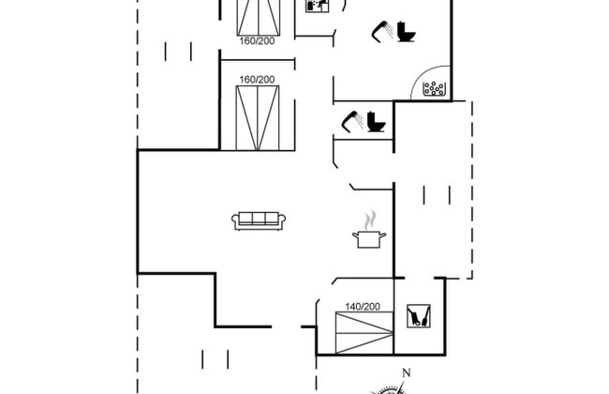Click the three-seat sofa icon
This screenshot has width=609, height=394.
pyautogui.click(x=259, y=220)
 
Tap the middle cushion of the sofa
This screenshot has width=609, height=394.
pyautogui.click(x=259, y=220)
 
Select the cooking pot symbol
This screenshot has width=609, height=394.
pyautogui.click(x=366, y=239)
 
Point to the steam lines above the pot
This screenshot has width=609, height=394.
pyautogui.click(x=370, y=219)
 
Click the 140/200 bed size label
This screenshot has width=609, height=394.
pyautogui.click(x=362, y=307)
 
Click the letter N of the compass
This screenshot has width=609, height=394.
pyautogui.click(x=405, y=374)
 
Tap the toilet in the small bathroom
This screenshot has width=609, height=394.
pyautogui.click(x=376, y=122)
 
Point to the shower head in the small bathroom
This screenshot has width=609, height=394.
pyautogui.click(x=352, y=119)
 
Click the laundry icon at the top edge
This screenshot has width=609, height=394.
pyautogui.click(x=318, y=5)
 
